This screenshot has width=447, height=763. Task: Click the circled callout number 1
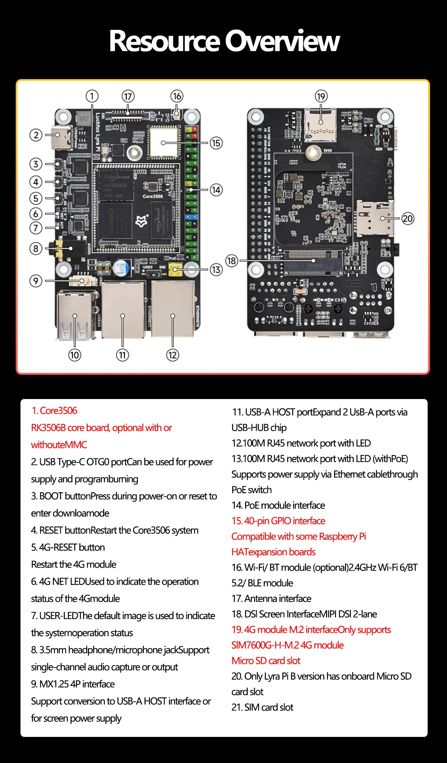tap(92, 96)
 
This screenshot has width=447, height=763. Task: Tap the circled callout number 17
tap(128, 97)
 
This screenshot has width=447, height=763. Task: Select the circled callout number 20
tap(408, 219)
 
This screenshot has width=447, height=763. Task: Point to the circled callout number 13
tap(216, 270)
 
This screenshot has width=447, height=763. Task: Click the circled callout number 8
tap(36, 248)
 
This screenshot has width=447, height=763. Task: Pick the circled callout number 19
tap(321, 97)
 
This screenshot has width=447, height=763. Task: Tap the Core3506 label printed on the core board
tap(153, 196)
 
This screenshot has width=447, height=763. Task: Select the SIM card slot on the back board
tap(374, 218)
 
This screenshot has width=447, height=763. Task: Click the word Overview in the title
tap(282, 41)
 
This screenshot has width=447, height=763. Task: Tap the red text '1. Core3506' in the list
tap(54, 411)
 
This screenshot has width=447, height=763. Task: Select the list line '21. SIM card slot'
tap(262, 707)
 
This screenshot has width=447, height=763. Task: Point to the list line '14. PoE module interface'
tap(278, 505)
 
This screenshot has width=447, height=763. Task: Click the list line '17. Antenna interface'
tap(271, 599)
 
